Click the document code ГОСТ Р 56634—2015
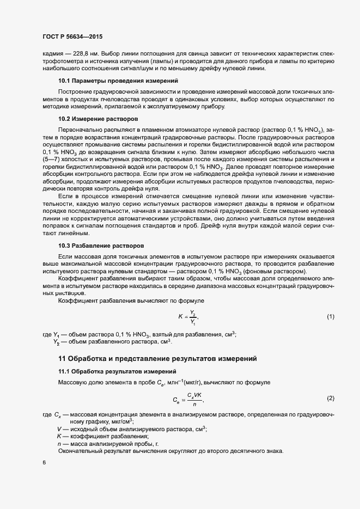[x=72, y=36]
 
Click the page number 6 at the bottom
[x=44, y=463]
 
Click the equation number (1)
[x=330, y=316]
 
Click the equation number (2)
[x=330, y=398]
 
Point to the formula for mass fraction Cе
[x=187, y=399]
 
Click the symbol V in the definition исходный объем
[x=59, y=429]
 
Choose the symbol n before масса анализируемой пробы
[x=59, y=444]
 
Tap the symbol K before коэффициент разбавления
[x=59, y=437]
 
